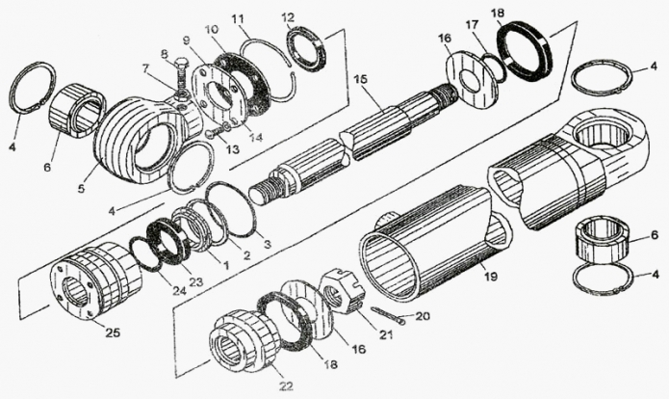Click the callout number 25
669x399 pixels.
tap(113, 332)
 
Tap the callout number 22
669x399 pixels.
tap(286, 386)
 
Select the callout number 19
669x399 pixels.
tap(490, 277)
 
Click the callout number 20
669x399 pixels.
tap(422, 316)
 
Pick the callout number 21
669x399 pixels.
tap(386, 335)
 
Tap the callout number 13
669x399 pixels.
tap(232, 149)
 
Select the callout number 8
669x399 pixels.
tap(165, 54)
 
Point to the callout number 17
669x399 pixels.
tap(472, 24)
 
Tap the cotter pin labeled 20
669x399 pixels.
tap(387, 315)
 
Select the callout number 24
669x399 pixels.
tap(179, 291)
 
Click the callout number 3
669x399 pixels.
tap(267, 245)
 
